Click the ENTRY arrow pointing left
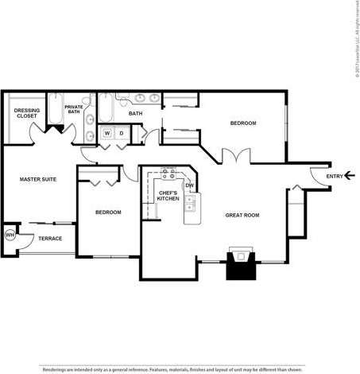click(x=350, y=177)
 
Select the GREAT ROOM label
click(x=242, y=215)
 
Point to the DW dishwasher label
click(x=190, y=186)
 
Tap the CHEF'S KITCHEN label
click(x=167, y=196)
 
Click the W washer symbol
click(x=106, y=133)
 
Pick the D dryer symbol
click(x=121, y=133)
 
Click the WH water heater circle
click(x=10, y=235)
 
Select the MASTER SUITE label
click(x=37, y=180)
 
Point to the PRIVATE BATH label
click(x=74, y=109)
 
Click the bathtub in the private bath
click(x=54, y=111)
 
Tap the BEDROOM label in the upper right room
click(x=242, y=123)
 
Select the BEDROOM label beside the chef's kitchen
click(x=107, y=212)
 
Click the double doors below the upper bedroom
click(x=234, y=156)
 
